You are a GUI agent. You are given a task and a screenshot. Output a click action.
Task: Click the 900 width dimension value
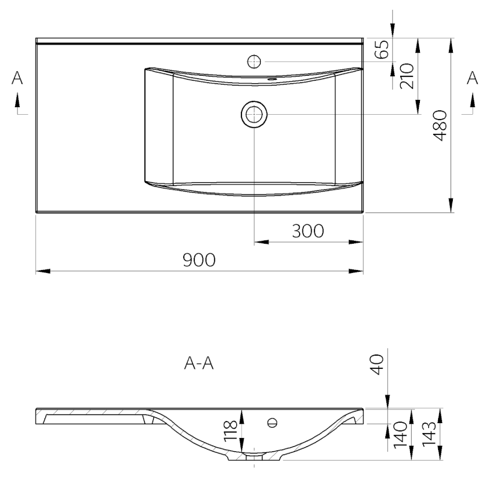(x=199, y=260)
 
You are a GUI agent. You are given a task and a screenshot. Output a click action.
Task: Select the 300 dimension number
(x=307, y=231)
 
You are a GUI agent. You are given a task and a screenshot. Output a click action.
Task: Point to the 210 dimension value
(x=407, y=76)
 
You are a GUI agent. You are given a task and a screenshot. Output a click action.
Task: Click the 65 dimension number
(x=383, y=49)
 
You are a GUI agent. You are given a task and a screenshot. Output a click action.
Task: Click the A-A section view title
(x=199, y=364)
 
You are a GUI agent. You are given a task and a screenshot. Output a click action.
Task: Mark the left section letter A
(x=18, y=78)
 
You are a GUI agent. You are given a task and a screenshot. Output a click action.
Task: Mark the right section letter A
(x=472, y=78)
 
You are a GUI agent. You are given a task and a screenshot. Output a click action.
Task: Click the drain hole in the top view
(x=254, y=114)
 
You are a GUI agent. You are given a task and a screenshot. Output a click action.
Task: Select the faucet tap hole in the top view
(x=254, y=60)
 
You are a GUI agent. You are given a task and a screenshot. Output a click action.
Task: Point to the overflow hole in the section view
(x=272, y=423)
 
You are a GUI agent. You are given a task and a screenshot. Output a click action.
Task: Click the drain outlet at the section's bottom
(x=254, y=456)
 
